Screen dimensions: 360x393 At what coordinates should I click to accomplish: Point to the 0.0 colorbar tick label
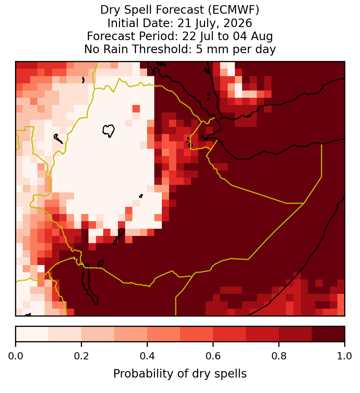(16, 356)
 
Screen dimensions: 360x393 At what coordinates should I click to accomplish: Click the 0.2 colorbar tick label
(81, 356)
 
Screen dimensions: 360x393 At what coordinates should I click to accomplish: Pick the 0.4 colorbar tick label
(147, 356)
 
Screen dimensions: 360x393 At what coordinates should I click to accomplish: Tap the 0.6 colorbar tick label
(213, 356)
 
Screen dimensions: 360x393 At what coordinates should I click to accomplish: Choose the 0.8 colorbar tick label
(279, 356)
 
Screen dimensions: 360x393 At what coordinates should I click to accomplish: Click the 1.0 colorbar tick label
(345, 356)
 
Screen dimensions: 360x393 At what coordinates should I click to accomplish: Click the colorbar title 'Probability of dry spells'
(180, 374)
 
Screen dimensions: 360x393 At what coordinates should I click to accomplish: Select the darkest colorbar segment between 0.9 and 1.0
(328, 334)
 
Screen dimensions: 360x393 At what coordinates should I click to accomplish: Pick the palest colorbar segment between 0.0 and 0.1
(32, 334)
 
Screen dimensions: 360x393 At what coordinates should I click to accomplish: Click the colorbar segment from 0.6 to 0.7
(229, 334)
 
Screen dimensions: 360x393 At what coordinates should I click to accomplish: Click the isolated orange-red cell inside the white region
(136, 109)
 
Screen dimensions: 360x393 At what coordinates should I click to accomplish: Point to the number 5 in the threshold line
(199, 49)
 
